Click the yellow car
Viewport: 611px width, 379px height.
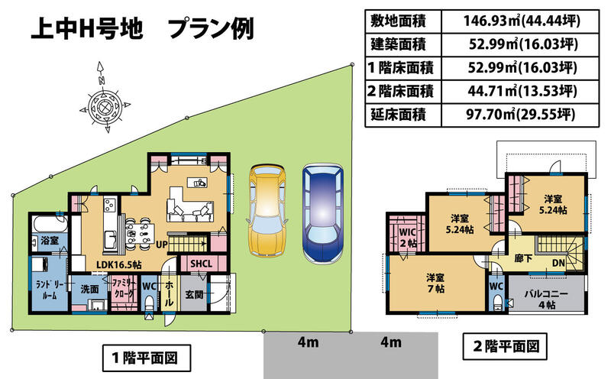pos(267,210)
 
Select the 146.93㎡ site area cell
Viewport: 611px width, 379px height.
pos(520,21)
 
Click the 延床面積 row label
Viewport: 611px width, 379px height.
pos(398,115)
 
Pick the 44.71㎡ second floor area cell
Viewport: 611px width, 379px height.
pos(520,91)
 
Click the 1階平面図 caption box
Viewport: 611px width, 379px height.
pos(146,358)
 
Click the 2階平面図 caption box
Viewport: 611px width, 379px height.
pos(505,346)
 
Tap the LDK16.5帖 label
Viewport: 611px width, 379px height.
pos(119,264)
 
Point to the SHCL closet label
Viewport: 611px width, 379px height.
pos(201,264)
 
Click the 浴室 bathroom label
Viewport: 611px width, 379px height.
pos(50,241)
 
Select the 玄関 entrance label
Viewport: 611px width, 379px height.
pos(194,294)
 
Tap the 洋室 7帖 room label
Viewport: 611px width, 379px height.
pos(435,283)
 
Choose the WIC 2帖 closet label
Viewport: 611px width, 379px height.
pos(407,238)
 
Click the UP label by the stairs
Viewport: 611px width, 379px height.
pos(162,245)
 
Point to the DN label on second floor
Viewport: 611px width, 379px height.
pos(559,263)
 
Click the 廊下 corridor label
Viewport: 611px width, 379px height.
pos(523,258)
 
